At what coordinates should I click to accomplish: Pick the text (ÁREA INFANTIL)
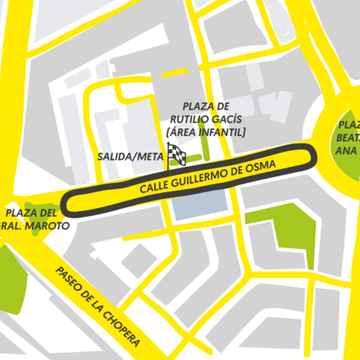click(205, 132)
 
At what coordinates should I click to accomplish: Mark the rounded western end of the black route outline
click(66, 203)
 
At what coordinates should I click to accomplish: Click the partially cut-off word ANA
click(347, 150)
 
